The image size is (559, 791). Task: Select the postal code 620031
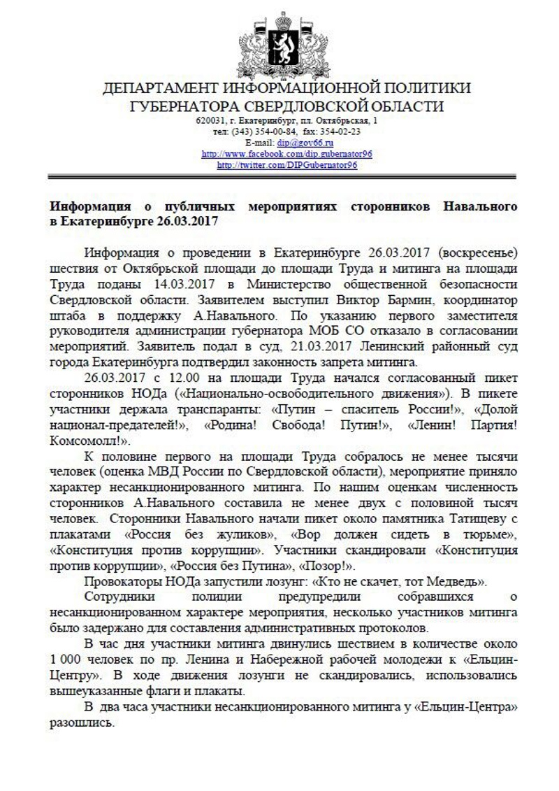(x=209, y=120)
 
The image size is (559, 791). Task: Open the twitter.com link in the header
(x=287, y=165)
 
